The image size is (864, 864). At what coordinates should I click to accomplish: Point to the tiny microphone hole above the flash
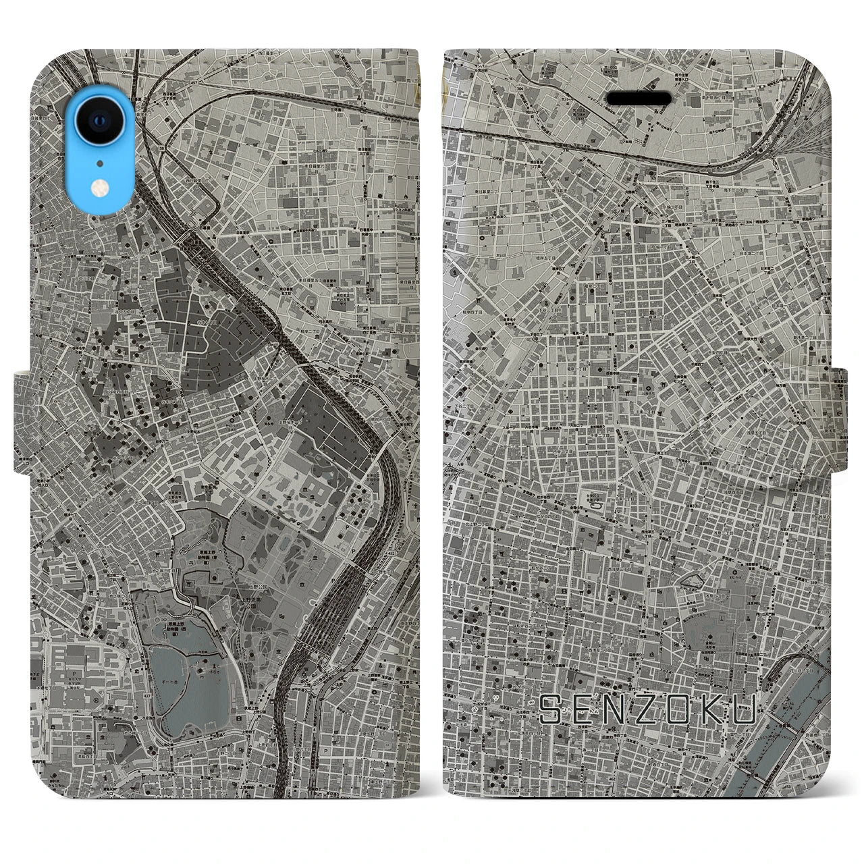point(100,163)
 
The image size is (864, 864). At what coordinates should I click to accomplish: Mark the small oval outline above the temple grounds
point(696,580)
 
